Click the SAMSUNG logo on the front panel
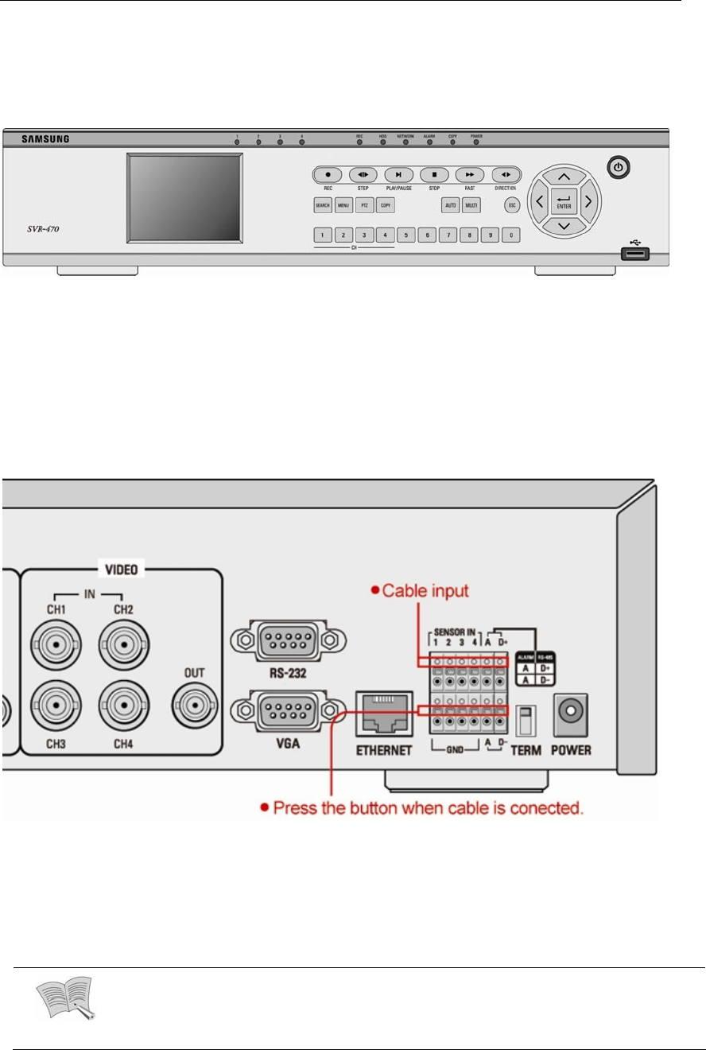click(45, 139)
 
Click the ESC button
click(512, 205)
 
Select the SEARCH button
click(322, 205)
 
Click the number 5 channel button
click(405, 235)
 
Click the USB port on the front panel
click(635, 255)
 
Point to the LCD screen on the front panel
click(184, 197)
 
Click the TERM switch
click(526, 721)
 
